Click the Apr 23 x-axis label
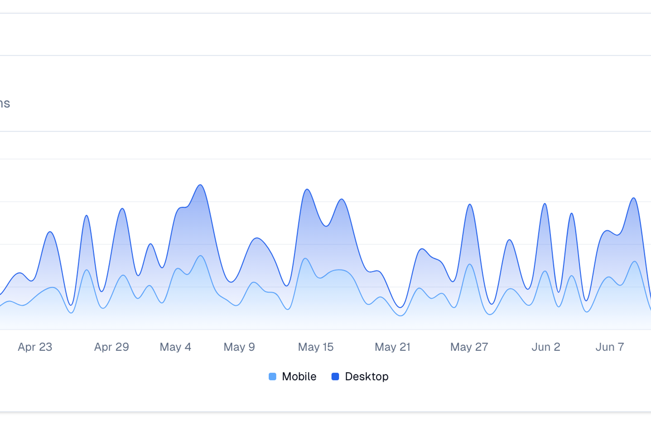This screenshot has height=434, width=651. pos(35,347)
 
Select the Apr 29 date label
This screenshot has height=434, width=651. pos(111,347)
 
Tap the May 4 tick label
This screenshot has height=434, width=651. pos(175,347)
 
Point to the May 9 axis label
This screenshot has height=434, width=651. pos(239,347)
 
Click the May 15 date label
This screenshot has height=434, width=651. pos(315,347)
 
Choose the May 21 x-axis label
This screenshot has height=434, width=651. pos(392,347)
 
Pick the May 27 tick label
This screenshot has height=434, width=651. pos(469,347)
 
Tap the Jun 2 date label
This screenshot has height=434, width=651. pos(546,347)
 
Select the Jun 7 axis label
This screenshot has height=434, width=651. pos(610,347)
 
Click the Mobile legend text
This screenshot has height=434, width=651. pos(299,377)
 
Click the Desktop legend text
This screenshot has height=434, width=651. pos(367,377)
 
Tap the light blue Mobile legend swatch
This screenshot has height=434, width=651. pos(273,377)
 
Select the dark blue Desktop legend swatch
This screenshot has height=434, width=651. pos(335,377)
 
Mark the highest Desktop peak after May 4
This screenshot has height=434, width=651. pos(201,185)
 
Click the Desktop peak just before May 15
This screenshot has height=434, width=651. pos(307,189)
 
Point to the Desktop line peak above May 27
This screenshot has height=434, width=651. pos(470,204)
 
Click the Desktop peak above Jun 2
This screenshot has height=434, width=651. pos(545,204)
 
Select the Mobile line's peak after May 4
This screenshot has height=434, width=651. pos(201,256)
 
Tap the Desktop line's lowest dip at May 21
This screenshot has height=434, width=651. pos(400,307)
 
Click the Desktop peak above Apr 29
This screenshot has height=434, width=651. pos(122,209)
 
